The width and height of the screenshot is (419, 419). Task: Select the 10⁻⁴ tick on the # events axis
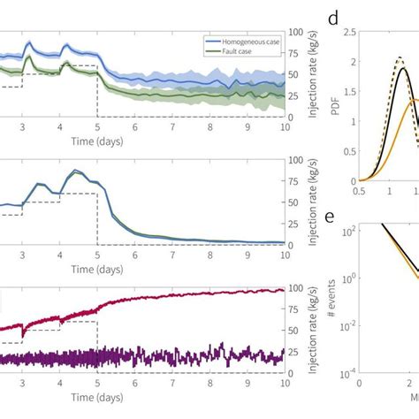(x=347, y=374)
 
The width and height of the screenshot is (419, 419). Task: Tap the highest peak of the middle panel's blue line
(x=76, y=171)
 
